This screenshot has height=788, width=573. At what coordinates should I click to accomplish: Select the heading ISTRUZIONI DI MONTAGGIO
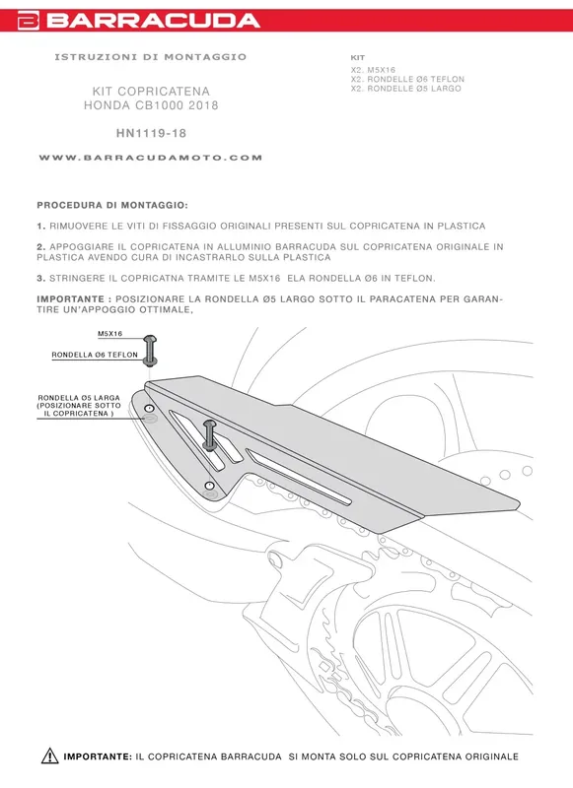point(151,57)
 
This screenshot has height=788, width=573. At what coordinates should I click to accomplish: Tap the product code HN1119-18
point(151,131)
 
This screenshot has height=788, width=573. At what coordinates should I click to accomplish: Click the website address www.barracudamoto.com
point(151,158)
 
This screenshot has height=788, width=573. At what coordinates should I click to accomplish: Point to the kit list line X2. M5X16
point(372,70)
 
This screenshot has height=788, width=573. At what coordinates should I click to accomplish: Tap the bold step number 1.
point(39,226)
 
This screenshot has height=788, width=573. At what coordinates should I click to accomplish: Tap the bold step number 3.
point(39,278)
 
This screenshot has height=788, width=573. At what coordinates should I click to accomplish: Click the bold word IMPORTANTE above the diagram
point(72,297)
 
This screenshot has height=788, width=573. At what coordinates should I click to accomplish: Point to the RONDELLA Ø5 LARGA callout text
point(79,398)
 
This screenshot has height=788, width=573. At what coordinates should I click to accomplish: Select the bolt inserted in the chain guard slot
point(210,433)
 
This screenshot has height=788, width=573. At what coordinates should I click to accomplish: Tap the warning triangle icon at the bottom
point(50,756)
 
